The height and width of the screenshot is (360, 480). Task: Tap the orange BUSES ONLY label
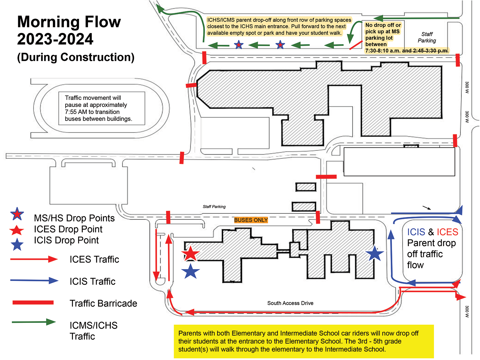[251, 220]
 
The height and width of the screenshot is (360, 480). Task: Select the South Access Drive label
[290, 303]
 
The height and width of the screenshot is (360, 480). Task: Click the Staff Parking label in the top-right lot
[427, 37]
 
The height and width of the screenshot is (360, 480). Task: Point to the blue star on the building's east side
[375, 253]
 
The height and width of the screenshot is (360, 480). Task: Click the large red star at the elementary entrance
[190, 253]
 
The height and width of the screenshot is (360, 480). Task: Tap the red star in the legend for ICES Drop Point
[17, 230]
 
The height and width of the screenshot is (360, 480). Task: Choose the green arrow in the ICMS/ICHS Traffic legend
[34, 322]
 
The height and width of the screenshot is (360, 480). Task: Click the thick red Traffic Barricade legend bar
[33, 302]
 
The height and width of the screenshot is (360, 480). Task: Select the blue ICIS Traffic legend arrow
[34, 280]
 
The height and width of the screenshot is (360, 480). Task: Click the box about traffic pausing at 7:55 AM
[102, 108]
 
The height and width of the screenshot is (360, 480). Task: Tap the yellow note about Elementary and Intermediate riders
[304, 341]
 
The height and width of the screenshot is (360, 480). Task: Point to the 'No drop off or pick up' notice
[394, 38]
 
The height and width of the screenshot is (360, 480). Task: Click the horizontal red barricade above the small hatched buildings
[326, 177]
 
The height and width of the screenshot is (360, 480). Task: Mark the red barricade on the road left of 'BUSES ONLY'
[168, 217]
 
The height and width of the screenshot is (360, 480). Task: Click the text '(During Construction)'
[76, 57]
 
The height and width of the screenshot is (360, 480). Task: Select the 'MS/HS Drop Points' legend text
[74, 218]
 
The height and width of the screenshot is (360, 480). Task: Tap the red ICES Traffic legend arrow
[34, 259]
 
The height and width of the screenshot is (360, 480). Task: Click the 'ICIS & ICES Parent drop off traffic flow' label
[432, 249]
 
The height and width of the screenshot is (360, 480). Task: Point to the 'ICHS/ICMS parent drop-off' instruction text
[279, 27]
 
